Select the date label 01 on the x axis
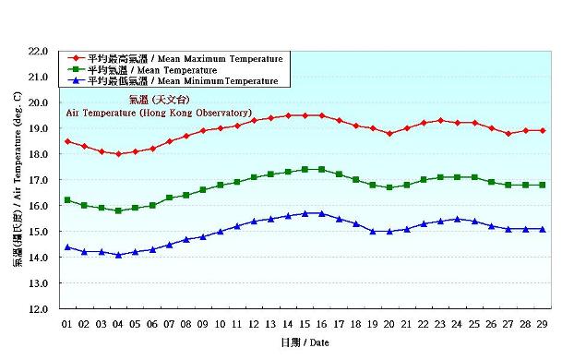66,324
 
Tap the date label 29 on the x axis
542,324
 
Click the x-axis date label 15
305,324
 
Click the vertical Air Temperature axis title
18,180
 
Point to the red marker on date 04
118,154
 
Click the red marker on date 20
389,133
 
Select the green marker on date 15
305,170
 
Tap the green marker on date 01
67,200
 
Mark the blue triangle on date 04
118,255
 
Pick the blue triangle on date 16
321,213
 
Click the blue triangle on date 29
542,229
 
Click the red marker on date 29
542,131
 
